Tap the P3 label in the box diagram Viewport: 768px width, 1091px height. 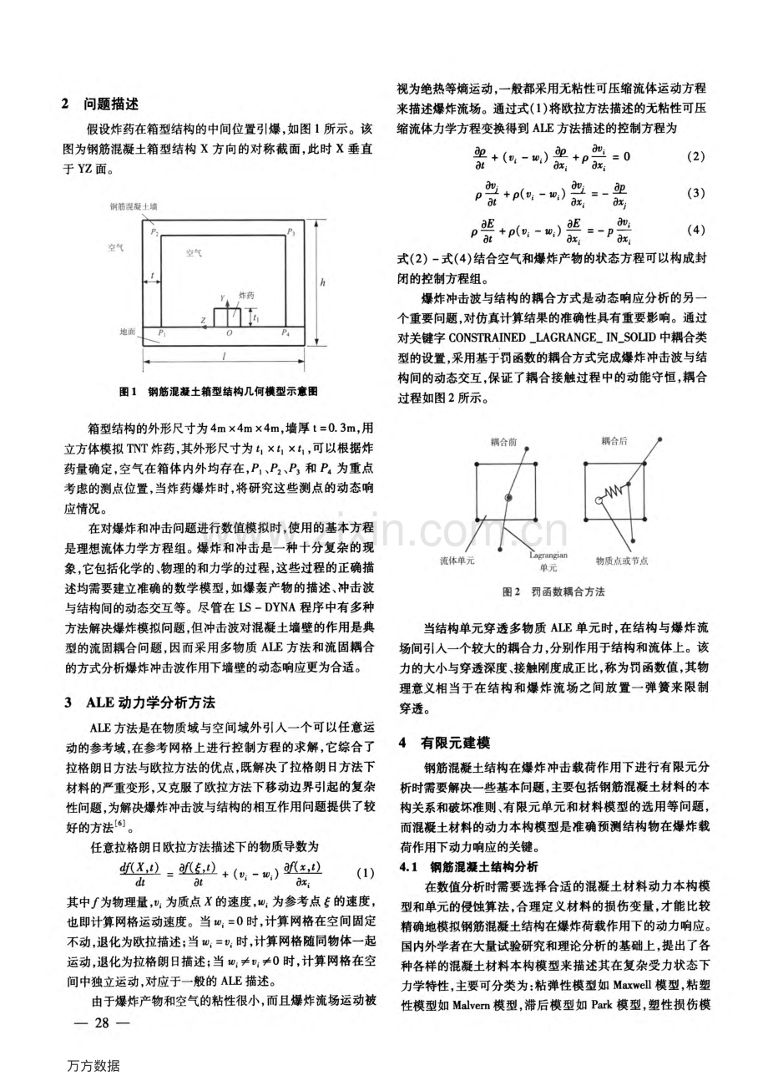[291, 231]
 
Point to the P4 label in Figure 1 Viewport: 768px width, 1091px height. [286, 332]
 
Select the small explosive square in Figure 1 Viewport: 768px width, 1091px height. [226, 317]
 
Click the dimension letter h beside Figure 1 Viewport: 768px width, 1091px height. [323, 282]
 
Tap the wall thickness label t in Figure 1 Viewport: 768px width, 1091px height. [152, 273]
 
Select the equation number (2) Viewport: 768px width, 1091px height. [695, 156]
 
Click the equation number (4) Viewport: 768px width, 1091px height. [695, 230]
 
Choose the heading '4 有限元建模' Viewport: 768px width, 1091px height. [441, 741]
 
